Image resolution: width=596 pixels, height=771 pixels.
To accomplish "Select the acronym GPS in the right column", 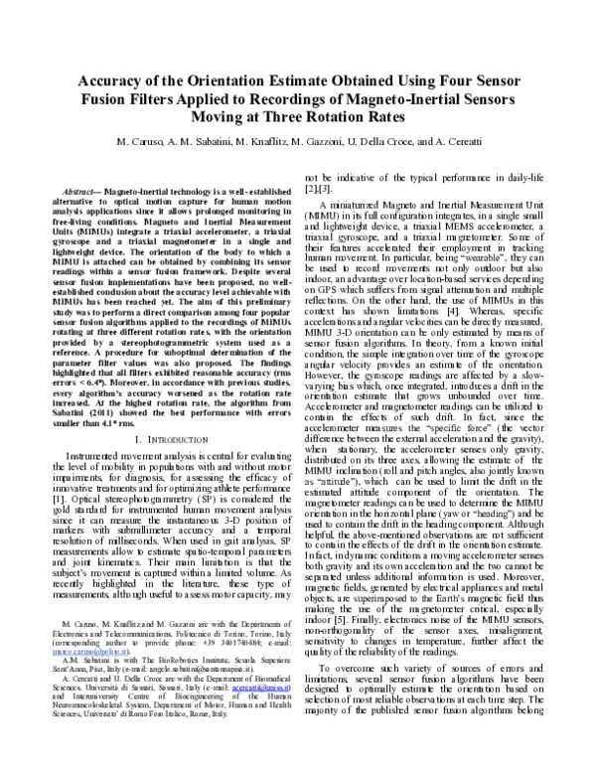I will [335, 292].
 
